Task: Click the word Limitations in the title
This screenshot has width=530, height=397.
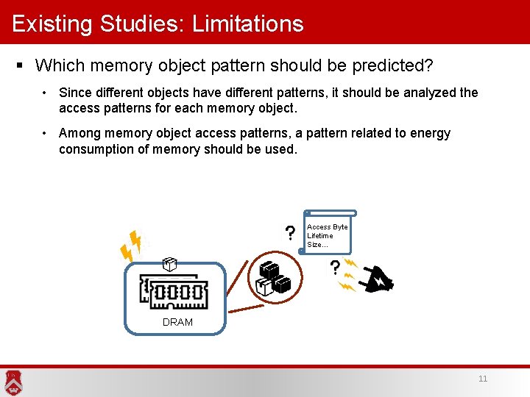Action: (x=247, y=24)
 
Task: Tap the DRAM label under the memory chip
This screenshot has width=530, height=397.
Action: (x=177, y=322)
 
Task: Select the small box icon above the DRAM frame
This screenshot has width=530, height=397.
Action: (x=169, y=264)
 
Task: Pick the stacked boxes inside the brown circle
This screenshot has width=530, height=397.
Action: (x=272, y=278)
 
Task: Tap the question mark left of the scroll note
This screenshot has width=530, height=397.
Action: (x=291, y=234)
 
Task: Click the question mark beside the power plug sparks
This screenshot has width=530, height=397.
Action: (x=335, y=267)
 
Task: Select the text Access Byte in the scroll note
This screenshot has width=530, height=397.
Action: (x=327, y=227)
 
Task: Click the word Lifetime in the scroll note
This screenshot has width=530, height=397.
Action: (x=319, y=236)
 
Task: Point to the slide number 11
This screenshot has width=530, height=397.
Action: (x=483, y=379)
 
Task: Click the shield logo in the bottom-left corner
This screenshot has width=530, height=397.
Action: (x=13, y=382)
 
